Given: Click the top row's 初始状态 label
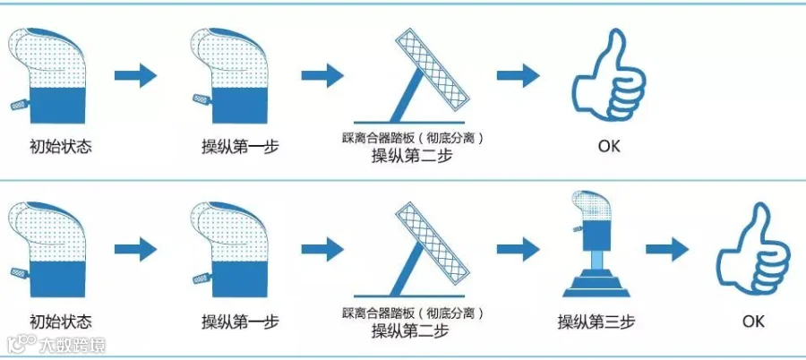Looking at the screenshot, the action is click(61, 147).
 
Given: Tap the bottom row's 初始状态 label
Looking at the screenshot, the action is click(61, 322).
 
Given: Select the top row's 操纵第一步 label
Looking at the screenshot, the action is click(241, 147).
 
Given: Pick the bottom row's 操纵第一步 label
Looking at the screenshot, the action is click(241, 322).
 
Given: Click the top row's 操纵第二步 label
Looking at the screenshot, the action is click(412, 155).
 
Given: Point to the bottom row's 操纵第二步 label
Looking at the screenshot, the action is click(412, 330).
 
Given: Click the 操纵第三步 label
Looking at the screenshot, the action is click(596, 322).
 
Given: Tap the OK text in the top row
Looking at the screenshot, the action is click(609, 147).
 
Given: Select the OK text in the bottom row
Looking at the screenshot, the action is click(753, 322).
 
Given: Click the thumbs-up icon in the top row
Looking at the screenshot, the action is click(610, 77).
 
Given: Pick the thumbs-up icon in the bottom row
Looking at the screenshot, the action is click(753, 251).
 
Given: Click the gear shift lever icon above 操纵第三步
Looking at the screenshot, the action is click(596, 244).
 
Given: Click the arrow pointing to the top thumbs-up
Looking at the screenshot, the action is click(519, 75).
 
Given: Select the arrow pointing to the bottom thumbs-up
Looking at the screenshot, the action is click(667, 250).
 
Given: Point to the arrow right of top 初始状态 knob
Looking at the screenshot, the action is click(136, 75).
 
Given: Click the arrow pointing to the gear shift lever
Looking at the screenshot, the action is click(519, 250).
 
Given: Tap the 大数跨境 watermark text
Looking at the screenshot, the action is click(73, 344).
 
